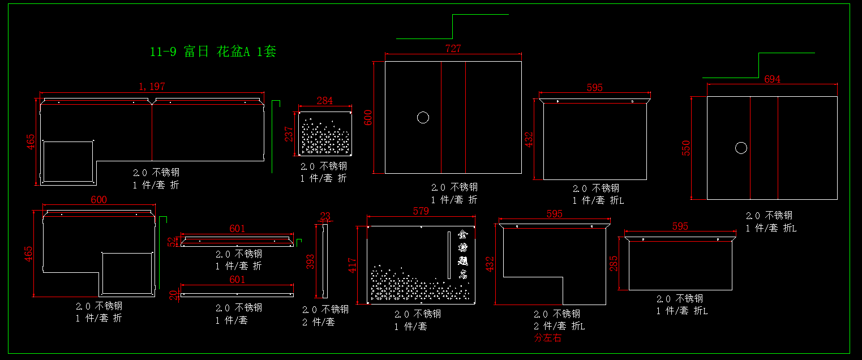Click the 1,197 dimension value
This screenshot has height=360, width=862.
pyautogui.click(x=152, y=87)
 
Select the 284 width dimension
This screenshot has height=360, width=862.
pyautogui.click(x=324, y=101)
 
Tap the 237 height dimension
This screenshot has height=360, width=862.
pyautogui.click(x=289, y=134)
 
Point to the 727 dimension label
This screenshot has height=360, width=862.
pyautogui.click(x=453, y=49)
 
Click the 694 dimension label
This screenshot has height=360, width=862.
pyautogui.click(x=772, y=79)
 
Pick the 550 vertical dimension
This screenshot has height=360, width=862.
pyautogui.click(x=686, y=148)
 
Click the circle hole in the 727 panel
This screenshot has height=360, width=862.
pyautogui.click(x=423, y=118)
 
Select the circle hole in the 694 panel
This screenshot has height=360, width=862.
pyautogui.click(x=741, y=148)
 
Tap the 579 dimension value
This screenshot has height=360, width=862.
pyautogui.click(x=421, y=211)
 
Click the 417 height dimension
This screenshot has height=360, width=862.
pyautogui.click(x=352, y=265)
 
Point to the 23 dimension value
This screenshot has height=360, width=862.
pyautogui.click(x=325, y=216)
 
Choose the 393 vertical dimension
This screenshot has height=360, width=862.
pyautogui.click(x=310, y=261)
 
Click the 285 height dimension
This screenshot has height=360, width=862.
pyautogui.click(x=614, y=264)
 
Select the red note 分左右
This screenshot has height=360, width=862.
pyautogui.click(x=547, y=338)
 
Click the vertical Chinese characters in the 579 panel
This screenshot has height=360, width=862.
pyautogui.click(x=463, y=255)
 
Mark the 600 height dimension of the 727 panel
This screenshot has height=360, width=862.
pyautogui.click(x=368, y=118)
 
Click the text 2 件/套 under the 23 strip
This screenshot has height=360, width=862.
pyautogui.click(x=318, y=322)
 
